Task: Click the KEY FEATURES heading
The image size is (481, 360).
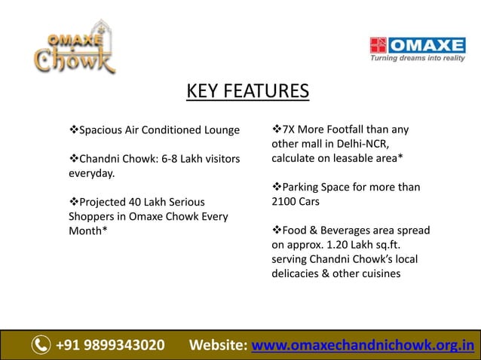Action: pyautogui.click(x=247, y=92)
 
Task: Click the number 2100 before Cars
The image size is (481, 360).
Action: pyautogui.click(x=285, y=202)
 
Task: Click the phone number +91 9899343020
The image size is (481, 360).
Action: pyautogui.click(x=110, y=346)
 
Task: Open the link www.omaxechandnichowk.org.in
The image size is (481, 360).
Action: pyautogui.click(x=363, y=346)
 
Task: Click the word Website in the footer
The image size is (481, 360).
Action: pyautogui.click(x=217, y=346)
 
